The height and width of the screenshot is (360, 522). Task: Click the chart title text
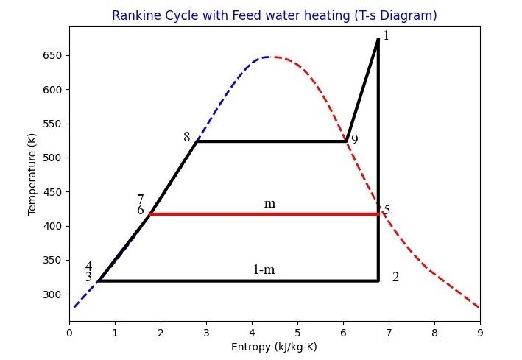click(x=274, y=15)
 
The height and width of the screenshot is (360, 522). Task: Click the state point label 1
click(x=386, y=35)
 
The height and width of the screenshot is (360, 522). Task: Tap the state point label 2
click(x=395, y=277)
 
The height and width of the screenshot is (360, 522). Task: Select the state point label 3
click(x=88, y=277)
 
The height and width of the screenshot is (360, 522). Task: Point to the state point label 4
click(x=88, y=267)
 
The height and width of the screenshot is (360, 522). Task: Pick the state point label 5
click(x=387, y=210)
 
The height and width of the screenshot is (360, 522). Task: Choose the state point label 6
click(x=141, y=210)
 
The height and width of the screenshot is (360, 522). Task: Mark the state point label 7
click(x=141, y=200)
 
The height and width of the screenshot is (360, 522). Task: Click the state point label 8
click(x=186, y=137)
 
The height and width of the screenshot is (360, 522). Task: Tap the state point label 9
click(x=354, y=140)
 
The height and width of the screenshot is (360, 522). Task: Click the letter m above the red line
click(x=269, y=203)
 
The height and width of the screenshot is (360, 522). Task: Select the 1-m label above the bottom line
click(x=264, y=269)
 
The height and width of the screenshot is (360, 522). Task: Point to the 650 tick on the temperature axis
click(x=54, y=55)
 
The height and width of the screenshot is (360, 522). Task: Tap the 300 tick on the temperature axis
click(x=54, y=294)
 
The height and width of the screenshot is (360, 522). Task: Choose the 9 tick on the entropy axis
click(x=480, y=333)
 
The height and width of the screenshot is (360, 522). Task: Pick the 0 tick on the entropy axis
click(x=70, y=333)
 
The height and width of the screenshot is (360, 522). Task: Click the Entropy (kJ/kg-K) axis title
click(x=274, y=347)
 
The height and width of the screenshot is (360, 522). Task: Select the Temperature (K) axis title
click(x=32, y=174)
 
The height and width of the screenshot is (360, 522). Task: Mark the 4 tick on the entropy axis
click(x=252, y=333)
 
